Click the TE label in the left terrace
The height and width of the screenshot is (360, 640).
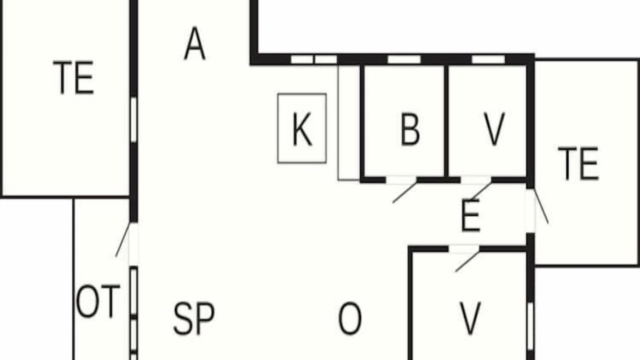pyautogui.click(x=73, y=77)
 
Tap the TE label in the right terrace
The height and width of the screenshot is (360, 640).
pyautogui.click(x=578, y=163)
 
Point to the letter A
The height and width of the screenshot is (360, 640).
pyautogui.click(x=195, y=43)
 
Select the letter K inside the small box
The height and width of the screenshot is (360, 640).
pyautogui.click(x=302, y=129)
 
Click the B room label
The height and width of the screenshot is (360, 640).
pyautogui.click(x=410, y=129)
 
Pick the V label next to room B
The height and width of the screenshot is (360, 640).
pyautogui.click(x=494, y=129)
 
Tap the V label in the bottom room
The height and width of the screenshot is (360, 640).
pyautogui.click(x=470, y=318)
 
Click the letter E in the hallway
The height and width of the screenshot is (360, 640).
pyautogui.click(x=470, y=215)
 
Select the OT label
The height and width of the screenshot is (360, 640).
pyautogui.click(x=98, y=301)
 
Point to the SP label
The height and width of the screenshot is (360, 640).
pyautogui.click(x=194, y=318)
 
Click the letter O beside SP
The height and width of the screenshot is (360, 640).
pyautogui.click(x=349, y=318)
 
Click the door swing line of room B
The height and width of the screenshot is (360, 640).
pyautogui.click(x=404, y=193)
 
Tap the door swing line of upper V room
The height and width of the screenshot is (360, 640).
pyautogui.click(x=480, y=190)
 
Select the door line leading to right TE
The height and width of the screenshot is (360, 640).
pyautogui.click(x=541, y=205)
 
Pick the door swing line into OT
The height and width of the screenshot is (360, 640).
pyautogui.click(x=123, y=239)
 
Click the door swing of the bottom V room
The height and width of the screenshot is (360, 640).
pyautogui.click(x=467, y=261)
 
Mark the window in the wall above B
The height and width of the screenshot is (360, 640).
pyautogui.click(x=404, y=59)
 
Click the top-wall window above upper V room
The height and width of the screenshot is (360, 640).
pyautogui.click(x=488, y=59)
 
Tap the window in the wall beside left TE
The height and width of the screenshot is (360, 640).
pyautogui.click(x=133, y=119)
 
